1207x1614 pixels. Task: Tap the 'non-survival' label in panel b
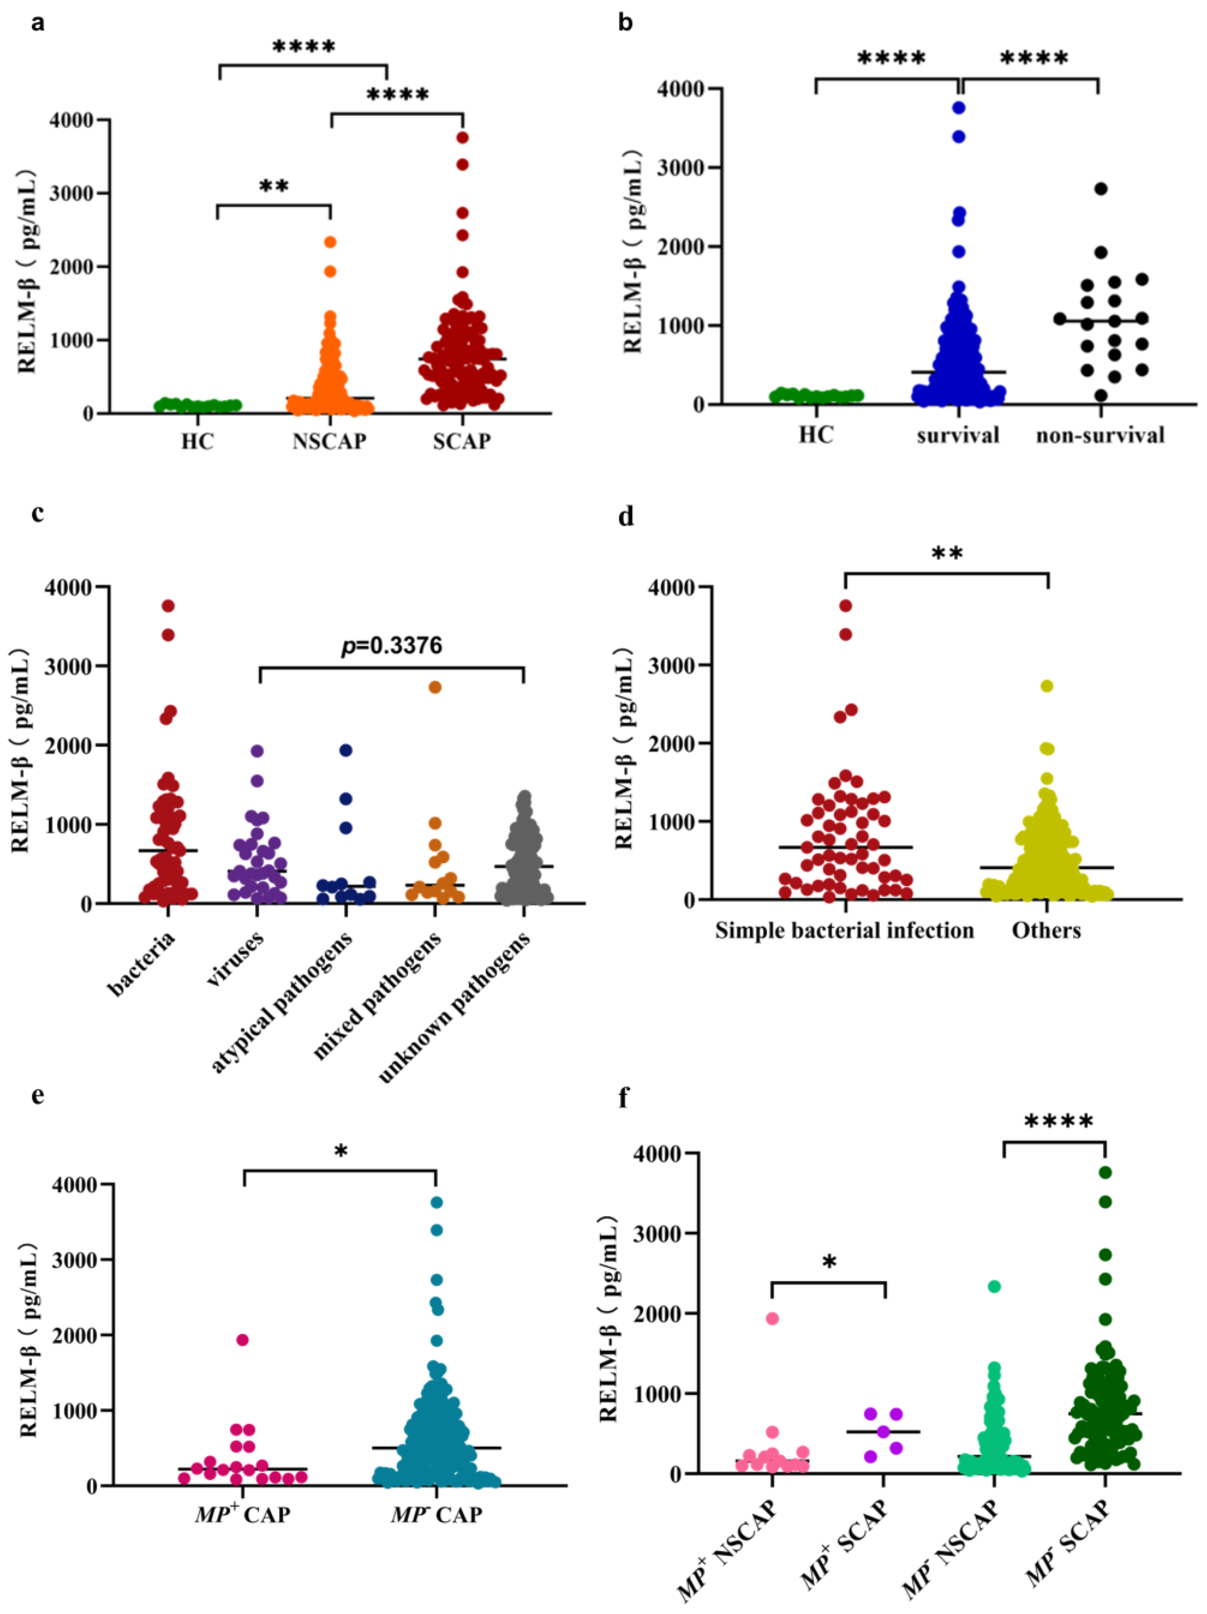pos(1100,435)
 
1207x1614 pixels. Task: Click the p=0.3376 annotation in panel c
pos(392,645)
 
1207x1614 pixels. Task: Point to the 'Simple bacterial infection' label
pos(844,930)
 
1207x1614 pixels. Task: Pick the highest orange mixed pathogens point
pos(435,687)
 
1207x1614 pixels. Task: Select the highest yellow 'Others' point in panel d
pos(1047,686)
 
